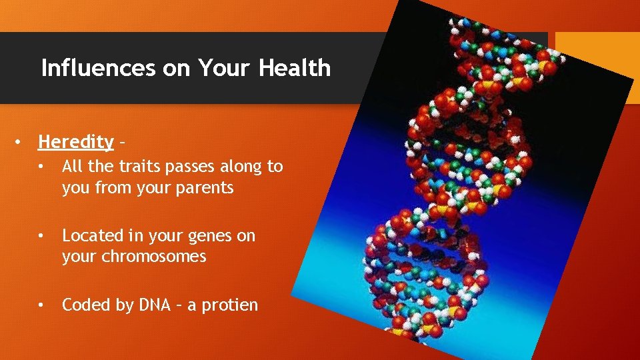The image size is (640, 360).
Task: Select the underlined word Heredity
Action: (76, 142)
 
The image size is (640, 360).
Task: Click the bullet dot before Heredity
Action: (21, 142)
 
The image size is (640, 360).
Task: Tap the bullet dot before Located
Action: (41, 236)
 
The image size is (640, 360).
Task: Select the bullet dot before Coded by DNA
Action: (41, 305)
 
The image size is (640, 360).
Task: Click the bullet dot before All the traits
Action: (41, 167)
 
